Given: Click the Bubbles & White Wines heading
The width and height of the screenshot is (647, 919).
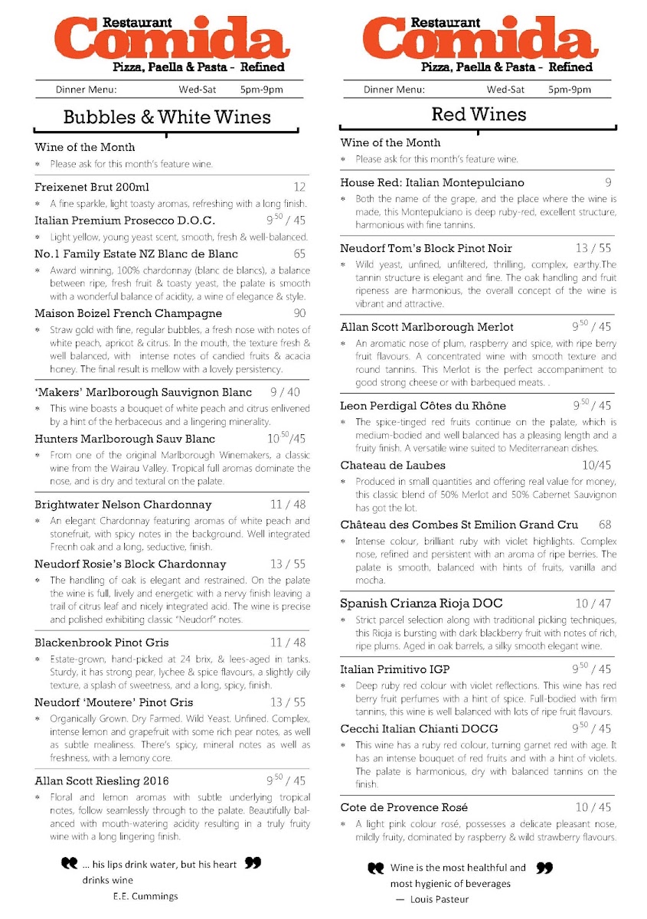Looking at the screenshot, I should pyautogui.click(x=167, y=117).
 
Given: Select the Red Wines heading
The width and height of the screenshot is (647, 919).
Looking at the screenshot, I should pyautogui.click(x=479, y=114).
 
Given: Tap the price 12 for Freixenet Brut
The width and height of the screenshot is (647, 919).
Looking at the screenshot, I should pyautogui.click(x=299, y=188).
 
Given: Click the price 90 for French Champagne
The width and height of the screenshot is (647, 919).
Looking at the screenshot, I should pyautogui.click(x=299, y=313).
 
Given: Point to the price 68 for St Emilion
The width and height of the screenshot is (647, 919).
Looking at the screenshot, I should pyautogui.click(x=605, y=525).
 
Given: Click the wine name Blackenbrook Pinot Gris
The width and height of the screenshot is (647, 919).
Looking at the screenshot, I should pyautogui.click(x=102, y=643).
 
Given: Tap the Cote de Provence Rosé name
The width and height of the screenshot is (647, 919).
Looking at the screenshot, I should pyautogui.click(x=404, y=807).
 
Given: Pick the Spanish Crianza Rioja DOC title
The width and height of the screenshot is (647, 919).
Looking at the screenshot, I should pyautogui.click(x=421, y=603).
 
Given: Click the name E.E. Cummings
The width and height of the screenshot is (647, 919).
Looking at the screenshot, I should pyautogui.click(x=145, y=896).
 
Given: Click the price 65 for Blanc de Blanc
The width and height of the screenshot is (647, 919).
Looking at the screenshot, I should pyautogui.click(x=299, y=254).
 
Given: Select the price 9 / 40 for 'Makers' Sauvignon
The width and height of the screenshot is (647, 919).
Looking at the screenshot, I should pyautogui.click(x=285, y=393).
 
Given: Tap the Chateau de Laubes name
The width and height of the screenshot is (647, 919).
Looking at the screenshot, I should pyautogui.click(x=393, y=465).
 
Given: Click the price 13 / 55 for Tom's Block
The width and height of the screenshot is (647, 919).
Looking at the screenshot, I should pyautogui.click(x=593, y=248).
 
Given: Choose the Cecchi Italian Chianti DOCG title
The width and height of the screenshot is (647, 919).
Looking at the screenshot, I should pyautogui.click(x=419, y=728).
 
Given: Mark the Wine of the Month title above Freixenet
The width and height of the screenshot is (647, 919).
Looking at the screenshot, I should pyautogui.click(x=85, y=147).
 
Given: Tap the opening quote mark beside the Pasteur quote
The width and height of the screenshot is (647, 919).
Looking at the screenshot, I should pyautogui.click(x=375, y=868).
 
